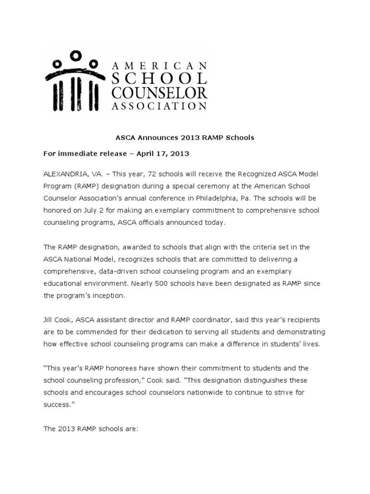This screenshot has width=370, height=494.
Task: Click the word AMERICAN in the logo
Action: (x=159, y=65)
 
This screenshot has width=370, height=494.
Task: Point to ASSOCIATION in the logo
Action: (x=159, y=106)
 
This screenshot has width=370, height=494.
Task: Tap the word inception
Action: (x=107, y=296)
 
